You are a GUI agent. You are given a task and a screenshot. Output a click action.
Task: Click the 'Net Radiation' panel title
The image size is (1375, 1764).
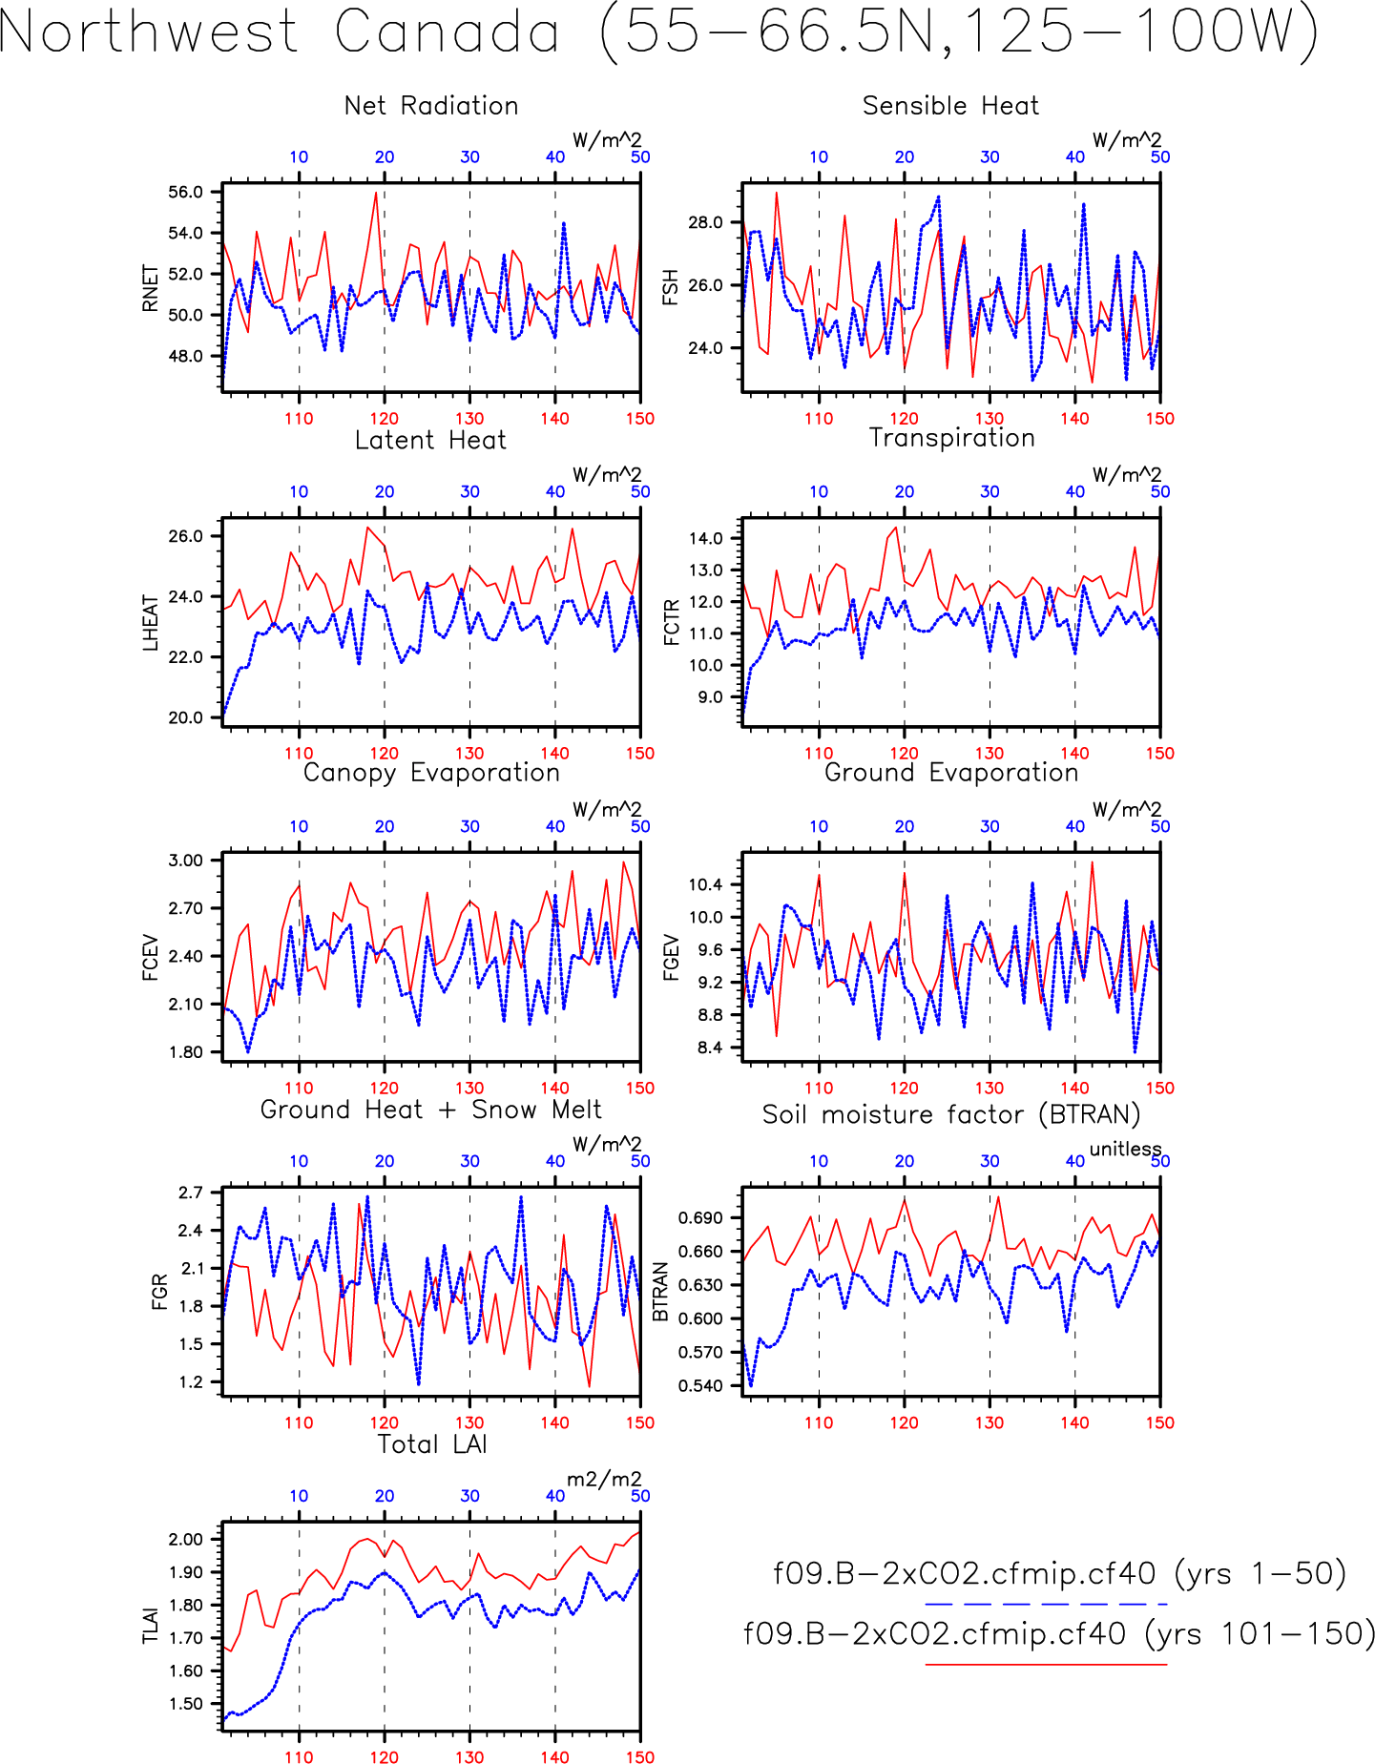[x=431, y=105]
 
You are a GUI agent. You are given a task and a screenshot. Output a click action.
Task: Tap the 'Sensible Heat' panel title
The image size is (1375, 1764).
[x=950, y=105]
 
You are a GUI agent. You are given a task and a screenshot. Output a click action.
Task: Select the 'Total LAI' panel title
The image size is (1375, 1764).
[x=432, y=1443]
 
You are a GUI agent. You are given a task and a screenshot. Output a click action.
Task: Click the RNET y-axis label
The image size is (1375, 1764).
[x=150, y=288]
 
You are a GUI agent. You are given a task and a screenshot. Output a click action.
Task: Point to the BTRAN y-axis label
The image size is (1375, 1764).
[x=660, y=1292]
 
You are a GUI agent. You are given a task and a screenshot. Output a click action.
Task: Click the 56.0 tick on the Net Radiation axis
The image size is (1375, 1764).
[x=186, y=192]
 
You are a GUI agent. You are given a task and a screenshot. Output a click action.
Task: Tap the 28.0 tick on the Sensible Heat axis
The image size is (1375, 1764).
[x=706, y=222]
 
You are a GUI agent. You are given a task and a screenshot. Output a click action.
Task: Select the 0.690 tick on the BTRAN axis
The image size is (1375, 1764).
[x=700, y=1218]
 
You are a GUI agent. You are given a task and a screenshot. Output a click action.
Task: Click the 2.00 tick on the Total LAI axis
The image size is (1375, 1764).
[x=186, y=1539]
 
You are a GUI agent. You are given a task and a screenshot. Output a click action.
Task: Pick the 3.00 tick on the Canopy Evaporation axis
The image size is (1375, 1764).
[x=186, y=861]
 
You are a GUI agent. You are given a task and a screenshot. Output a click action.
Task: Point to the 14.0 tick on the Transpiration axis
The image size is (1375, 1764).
[x=706, y=538]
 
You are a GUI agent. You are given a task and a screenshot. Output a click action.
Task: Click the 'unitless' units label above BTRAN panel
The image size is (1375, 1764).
[x=1126, y=1149]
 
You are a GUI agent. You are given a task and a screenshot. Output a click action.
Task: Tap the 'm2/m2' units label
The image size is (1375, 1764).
[x=605, y=1480]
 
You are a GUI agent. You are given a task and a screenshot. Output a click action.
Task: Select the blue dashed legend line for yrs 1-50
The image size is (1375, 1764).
[x=1046, y=1604]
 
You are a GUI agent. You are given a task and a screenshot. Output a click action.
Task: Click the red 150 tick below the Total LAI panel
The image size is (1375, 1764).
[x=640, y=1757]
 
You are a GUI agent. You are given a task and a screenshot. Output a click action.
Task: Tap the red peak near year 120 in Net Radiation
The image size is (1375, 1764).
[x=376, y=194]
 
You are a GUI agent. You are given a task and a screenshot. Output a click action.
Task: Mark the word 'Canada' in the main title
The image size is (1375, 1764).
[x=447, y=31]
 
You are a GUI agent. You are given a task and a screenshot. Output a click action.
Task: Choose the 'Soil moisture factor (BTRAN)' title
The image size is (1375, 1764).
[x=951, y=1114]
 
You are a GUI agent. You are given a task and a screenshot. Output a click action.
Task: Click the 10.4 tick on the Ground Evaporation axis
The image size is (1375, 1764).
[x=706, y=884]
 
